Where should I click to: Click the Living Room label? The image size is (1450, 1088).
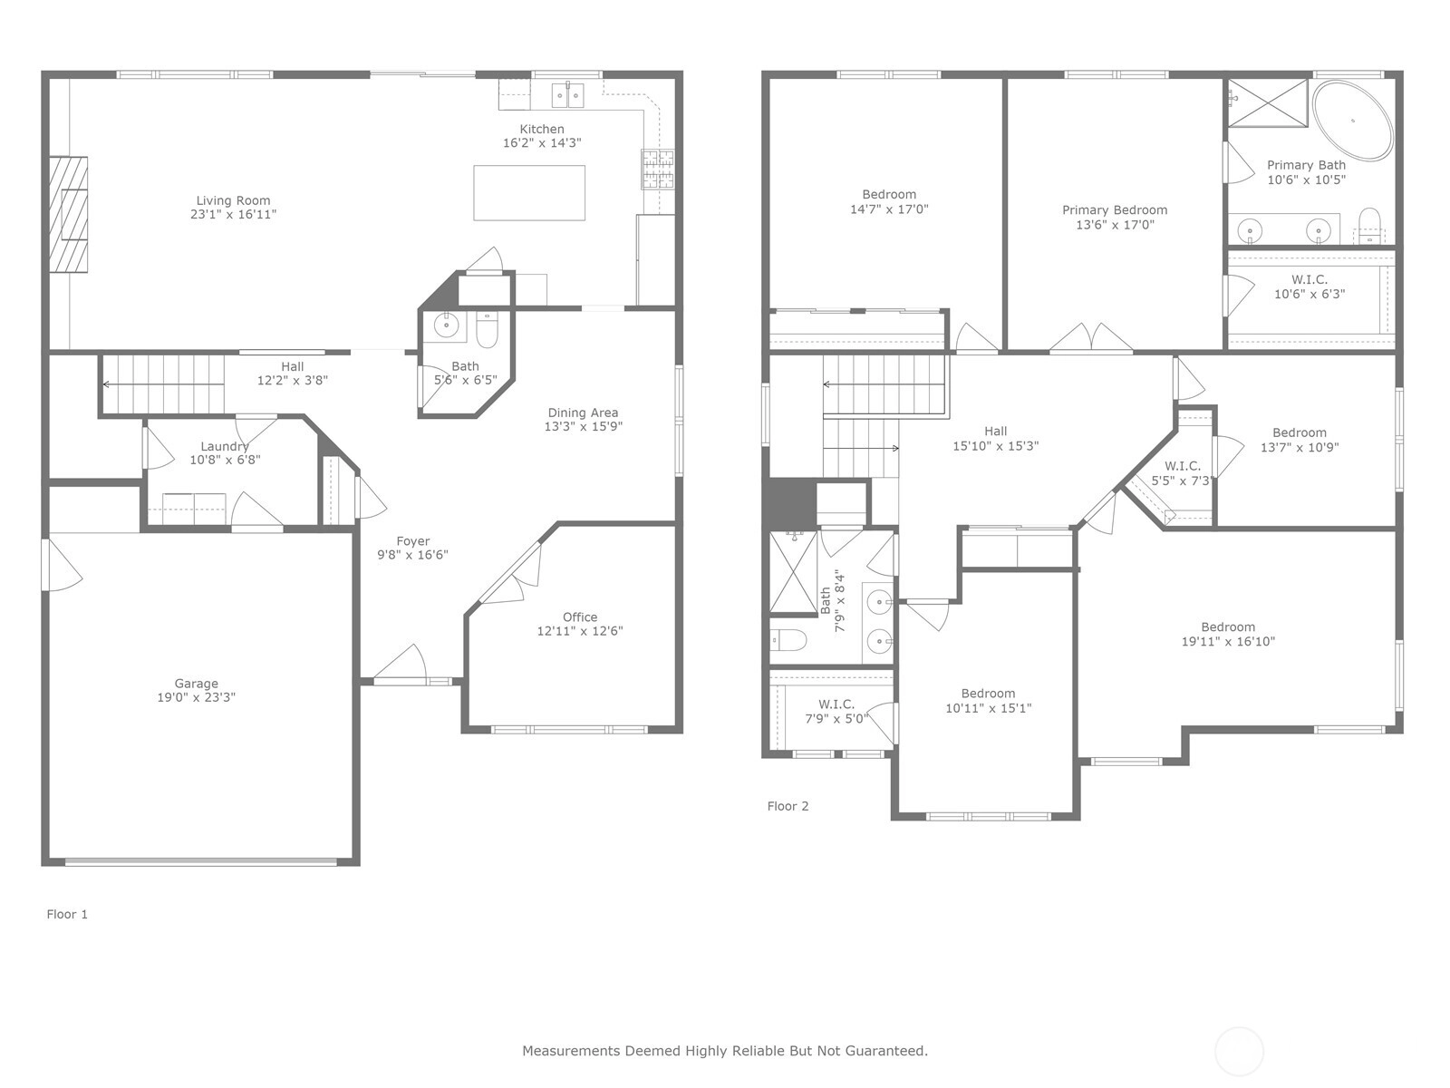pos(233,200)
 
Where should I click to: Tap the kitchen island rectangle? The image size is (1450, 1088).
pos(529,192)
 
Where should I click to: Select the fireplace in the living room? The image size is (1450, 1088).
pos(68,214)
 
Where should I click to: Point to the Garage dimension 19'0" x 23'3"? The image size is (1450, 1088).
pos(196,697)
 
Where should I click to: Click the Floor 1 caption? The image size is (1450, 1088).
pos(67,914)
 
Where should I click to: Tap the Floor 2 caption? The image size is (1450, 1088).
pos(788,806)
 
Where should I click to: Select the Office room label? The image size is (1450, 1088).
pos(580,617)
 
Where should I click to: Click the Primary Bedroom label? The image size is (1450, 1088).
pos(1115,210)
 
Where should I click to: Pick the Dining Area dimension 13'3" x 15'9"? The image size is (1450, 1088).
pos(584,427)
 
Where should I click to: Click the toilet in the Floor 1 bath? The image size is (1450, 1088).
pos(487,329)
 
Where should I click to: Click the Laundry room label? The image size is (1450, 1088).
pos(225,447)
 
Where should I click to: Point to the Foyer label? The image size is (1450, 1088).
pos(413,541)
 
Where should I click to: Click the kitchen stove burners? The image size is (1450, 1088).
pos(658,170)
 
